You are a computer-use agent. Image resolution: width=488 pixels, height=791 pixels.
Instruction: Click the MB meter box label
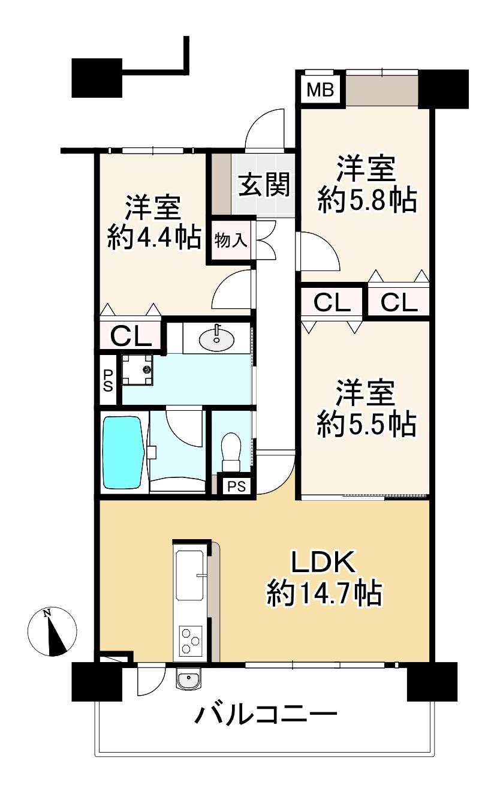(320, 90)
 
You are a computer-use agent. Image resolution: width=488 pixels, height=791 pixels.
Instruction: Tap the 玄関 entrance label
(264, 185)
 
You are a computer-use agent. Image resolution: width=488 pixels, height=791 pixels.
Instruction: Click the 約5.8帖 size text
(367, 201)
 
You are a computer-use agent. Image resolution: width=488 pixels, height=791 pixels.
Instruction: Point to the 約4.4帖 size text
(153, 238)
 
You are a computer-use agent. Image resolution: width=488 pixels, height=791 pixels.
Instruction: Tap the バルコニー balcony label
(266, 715)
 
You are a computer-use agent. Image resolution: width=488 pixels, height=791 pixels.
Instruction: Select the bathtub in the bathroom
(123, 453)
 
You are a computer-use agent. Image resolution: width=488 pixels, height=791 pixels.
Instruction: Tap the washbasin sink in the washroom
(215, 339)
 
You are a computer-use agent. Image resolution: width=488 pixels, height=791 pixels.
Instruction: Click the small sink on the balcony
(190, 679)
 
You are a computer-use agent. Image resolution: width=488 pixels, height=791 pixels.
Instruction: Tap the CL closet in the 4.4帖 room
(131, 335)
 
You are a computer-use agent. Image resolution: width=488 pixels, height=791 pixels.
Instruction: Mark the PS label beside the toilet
(236, 486)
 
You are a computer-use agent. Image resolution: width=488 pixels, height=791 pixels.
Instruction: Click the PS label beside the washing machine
(108, 380)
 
